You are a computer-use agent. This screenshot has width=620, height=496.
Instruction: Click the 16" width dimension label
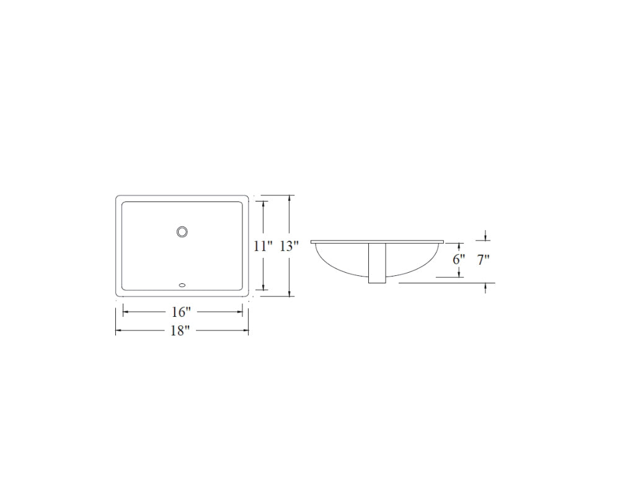pyautogui.click(x=181, y=312)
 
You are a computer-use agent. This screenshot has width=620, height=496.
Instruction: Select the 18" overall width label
pyautogui.click(x=180, y=330)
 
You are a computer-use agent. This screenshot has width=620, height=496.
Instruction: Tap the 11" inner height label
pyautogui.click(x=263, y=246)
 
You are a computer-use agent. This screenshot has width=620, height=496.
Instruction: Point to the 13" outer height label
pyautogui.click(x=289, y=246)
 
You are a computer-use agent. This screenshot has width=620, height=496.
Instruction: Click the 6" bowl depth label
pyautogui.click(x=459, y=260)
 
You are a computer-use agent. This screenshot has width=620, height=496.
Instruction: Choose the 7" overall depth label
pyautogui.click(x=483, y=260)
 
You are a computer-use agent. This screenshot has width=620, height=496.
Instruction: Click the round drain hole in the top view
pyautogui.click(x=182, y=231)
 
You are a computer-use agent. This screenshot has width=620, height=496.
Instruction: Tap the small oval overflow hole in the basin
pyautogui.click(x=182, y=285)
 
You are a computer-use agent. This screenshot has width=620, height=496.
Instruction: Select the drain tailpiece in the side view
pyautogui.click(x=377, y=263)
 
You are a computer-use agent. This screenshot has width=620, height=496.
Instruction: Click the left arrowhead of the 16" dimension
pyautogui.click(x=126, y=312)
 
